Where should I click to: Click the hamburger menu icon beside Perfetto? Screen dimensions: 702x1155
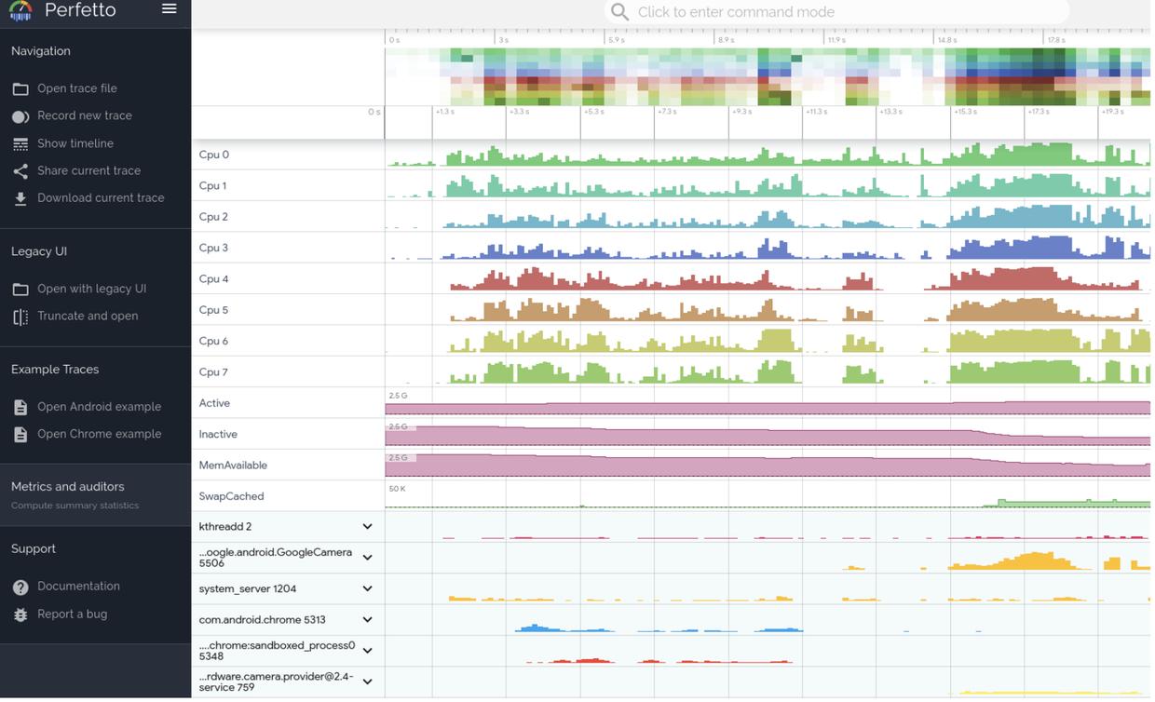tap(169, 9)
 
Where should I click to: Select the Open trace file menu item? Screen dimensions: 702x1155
tap(76, 88)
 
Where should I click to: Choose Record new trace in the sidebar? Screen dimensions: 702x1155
tap(84, 115)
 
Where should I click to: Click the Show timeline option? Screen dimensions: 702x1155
tap(75, 143)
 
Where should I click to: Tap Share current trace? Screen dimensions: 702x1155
tap(88, 170)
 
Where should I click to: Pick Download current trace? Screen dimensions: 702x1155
tap(100, 197)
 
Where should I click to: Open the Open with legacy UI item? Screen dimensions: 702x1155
tap(91, 289)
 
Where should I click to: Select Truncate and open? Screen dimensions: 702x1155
tap(87, 316)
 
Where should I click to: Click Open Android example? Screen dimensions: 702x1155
tap(99, 407)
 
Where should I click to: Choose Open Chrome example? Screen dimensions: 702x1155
tap(99, 434)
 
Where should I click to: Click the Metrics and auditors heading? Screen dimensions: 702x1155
tap(67, 487)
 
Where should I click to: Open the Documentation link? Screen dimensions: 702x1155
tap(78, 587)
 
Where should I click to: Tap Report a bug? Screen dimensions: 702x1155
tap(72, 614)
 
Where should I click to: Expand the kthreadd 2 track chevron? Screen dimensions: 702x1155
tap(367, 527)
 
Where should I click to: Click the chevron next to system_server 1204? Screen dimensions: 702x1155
tap(367, 589)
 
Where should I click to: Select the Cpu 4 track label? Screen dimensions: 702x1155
tap(213, 279)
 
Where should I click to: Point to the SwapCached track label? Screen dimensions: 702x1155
tap(231, 496)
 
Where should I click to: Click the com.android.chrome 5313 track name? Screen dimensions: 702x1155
tap(262, 620)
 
